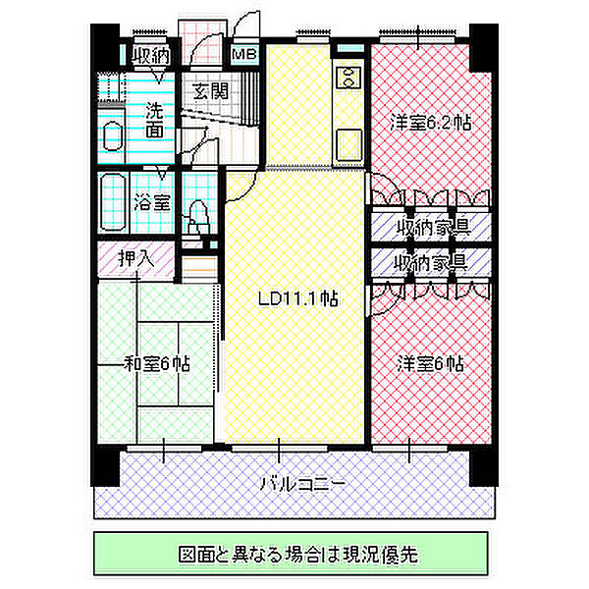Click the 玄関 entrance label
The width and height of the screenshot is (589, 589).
tap(209, 92)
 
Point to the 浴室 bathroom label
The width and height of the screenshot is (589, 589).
tap(152, 203)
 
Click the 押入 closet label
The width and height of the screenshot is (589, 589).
tap(136, 260)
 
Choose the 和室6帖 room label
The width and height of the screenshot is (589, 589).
tap(157, 363)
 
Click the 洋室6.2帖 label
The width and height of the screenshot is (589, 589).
tap(430, 125)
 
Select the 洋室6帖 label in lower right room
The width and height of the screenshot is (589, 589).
tap(430, 362)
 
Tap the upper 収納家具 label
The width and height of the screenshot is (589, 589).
tap(430, 228)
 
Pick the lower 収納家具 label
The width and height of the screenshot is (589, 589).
tap(430, 262)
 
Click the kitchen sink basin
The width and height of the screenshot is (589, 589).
tap(348, 142)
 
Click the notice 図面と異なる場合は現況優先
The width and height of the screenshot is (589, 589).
tap(292, 553)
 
